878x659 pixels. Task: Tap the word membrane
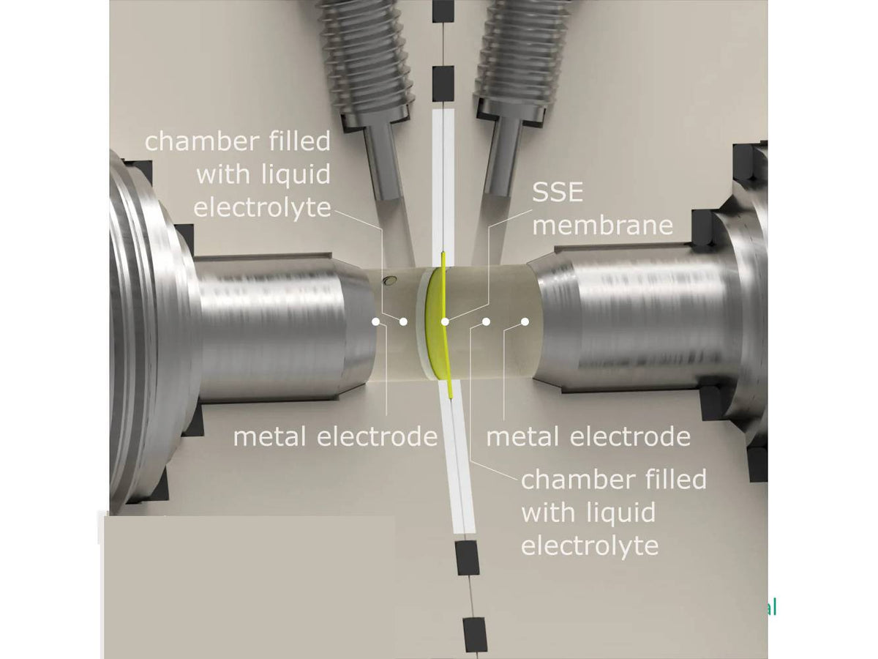(x=602, y=224)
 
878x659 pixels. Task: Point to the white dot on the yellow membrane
(x=445, y=321)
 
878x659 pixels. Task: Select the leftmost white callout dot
(x=375, y=321)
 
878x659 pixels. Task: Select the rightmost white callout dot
(x=525, y=321)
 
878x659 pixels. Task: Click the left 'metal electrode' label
(x=335, y=437)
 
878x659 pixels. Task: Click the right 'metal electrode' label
(x=588, y=437)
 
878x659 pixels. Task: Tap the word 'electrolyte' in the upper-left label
(x=261, y=207)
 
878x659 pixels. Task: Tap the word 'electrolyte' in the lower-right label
(x=590, y=546)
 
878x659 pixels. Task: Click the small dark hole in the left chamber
(x=392, y=280)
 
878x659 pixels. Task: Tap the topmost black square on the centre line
(x=443, y=10)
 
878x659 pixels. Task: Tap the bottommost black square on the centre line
(x=475, y=634)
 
